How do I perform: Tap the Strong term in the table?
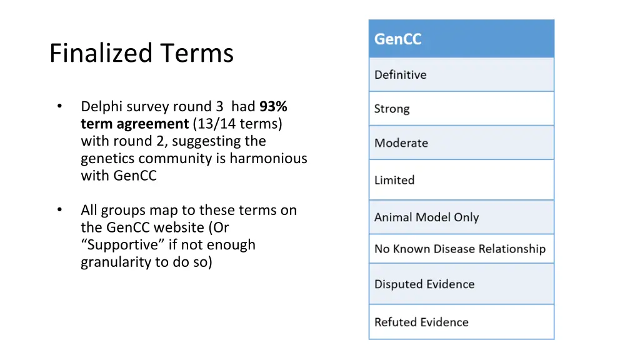click(392, 109)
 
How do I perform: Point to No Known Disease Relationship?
click(460, 249)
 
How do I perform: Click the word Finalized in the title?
click(100, 53)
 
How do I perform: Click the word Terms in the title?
click(196, 53)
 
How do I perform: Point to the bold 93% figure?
click(274, 107)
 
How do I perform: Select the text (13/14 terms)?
click(237, 124)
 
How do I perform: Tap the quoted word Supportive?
click(124, 244)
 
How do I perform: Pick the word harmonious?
click(269, 158)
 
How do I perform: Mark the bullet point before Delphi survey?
click(59, 107)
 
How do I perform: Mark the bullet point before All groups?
click(59, 210)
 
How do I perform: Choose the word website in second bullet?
click(182, 227)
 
